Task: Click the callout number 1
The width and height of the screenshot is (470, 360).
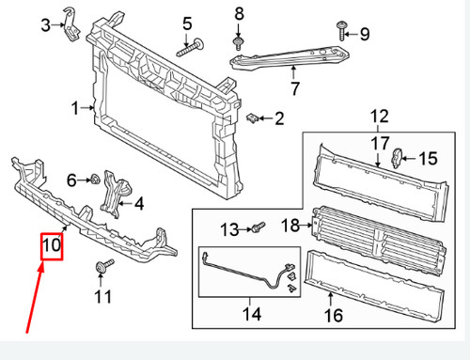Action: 74,108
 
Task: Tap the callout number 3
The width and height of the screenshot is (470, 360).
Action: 46,24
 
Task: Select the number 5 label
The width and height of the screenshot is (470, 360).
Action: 187,23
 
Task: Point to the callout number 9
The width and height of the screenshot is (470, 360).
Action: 365,35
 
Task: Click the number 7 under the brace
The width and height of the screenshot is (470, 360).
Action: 293,90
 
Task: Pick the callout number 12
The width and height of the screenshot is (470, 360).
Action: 378,117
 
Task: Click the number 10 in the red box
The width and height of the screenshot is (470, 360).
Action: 51,247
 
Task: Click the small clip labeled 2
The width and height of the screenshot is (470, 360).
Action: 253,118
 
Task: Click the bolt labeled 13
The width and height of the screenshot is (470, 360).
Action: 257,227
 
